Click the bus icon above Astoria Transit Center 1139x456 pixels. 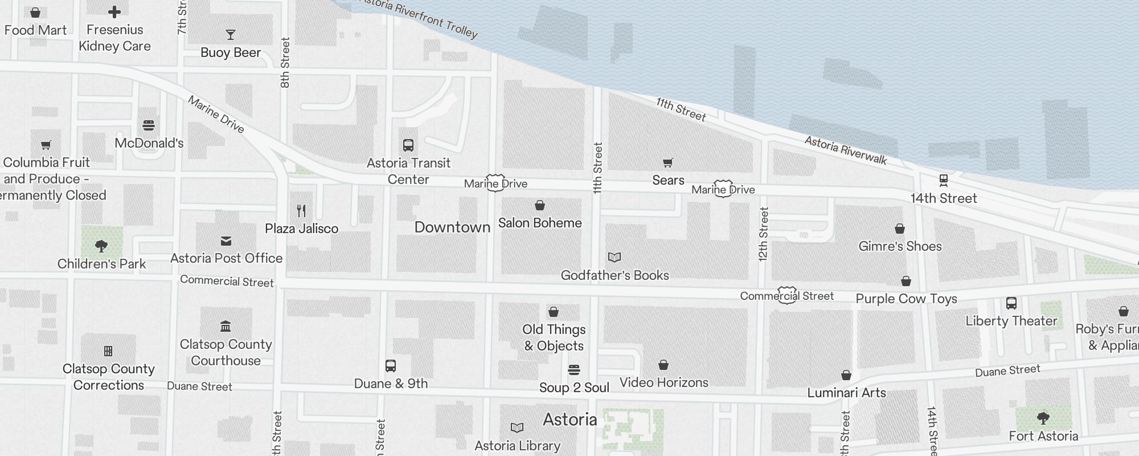tap(408, 145)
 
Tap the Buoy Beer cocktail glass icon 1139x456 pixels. tap(231, 35)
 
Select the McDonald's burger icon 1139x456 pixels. tap(149, 125)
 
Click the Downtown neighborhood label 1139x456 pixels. tap(452, 227)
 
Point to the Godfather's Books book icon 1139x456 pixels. tap(614, 258)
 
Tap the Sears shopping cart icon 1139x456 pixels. tap(668, 163)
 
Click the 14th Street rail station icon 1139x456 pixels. tap(943, 181)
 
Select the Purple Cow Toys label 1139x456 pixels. tap(906, 299)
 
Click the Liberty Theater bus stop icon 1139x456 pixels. tap(1011, 303)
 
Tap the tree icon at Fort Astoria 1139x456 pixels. tap(1043, 418)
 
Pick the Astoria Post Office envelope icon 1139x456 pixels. tap(226, 241)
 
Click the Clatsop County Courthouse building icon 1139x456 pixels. tap(226, 327)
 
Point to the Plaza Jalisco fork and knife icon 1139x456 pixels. tap(302, 211)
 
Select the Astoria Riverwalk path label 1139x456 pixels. tap(845, 150)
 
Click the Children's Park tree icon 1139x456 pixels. tap(101, 246)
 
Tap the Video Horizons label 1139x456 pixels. tap(663, 382)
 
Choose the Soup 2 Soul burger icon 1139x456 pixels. tap(574, 370)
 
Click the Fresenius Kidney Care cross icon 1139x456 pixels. tap(114, 12)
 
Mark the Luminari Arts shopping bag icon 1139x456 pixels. tap(846, 375)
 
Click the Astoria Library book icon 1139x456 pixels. tap(517, 427)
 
